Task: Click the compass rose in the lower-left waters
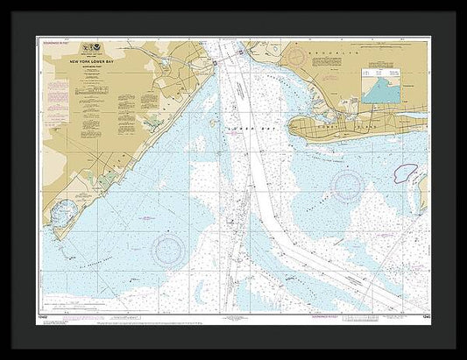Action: [168, 251]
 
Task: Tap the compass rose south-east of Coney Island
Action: [348, 186]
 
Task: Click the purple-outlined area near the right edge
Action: [407, 173]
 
